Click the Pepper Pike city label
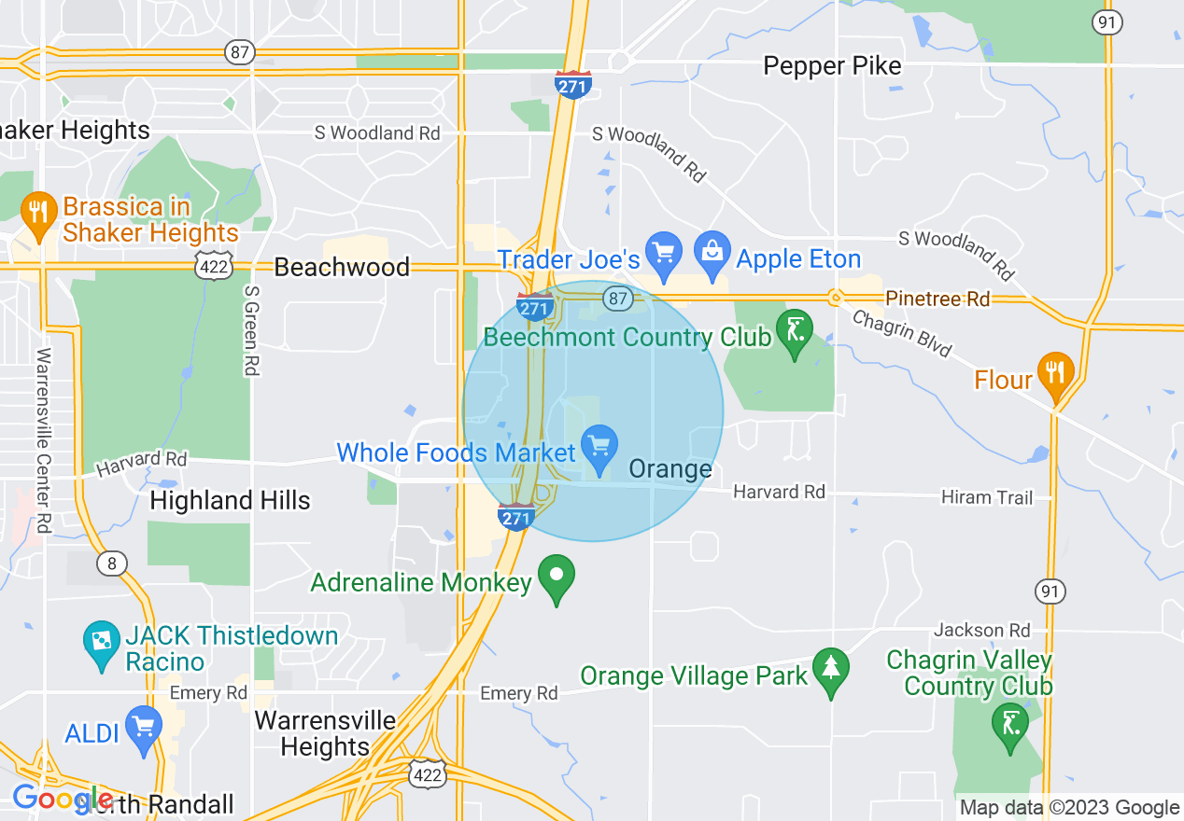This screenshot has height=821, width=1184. [x=832, y=66]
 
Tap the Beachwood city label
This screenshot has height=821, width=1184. [x=341, y=268]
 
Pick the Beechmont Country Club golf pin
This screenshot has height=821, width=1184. [x=795, y=333]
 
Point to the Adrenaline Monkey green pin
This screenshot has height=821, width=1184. [x=557, y=577]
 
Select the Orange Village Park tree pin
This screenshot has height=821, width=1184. [x=829, y=671]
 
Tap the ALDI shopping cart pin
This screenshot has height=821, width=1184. [x=144, y=729]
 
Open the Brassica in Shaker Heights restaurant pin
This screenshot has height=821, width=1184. [x=38, y=215]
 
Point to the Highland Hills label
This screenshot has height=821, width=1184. [x=230, y=500]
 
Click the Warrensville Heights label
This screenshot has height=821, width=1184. [x=325, y=733]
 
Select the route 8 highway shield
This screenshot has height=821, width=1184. [x=112, y=563]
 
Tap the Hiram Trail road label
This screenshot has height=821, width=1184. [x=986, y=497]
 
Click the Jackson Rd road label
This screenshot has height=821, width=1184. [x=981, y=631]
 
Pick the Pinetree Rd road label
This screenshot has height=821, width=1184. [x=937, y=299]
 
